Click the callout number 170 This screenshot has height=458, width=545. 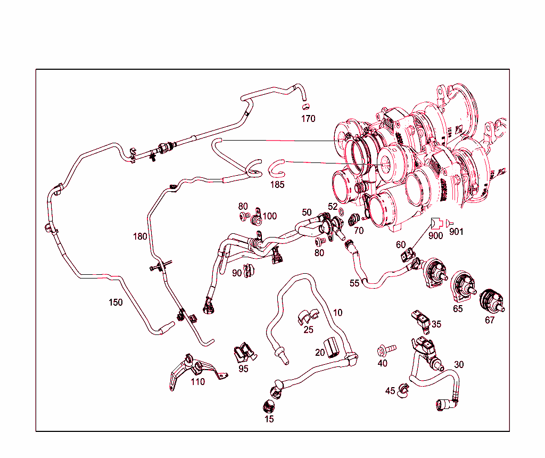click(308, 119)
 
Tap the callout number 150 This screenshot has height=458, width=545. click(115, 302)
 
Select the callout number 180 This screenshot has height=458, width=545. click(141, 236)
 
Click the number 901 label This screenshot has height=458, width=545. click(456, 232)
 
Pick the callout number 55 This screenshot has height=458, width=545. click(354, 284)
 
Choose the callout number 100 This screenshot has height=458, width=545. click(270, 216)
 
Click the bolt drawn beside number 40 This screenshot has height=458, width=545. click(386, 349)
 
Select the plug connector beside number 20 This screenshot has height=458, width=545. click(332, 347)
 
